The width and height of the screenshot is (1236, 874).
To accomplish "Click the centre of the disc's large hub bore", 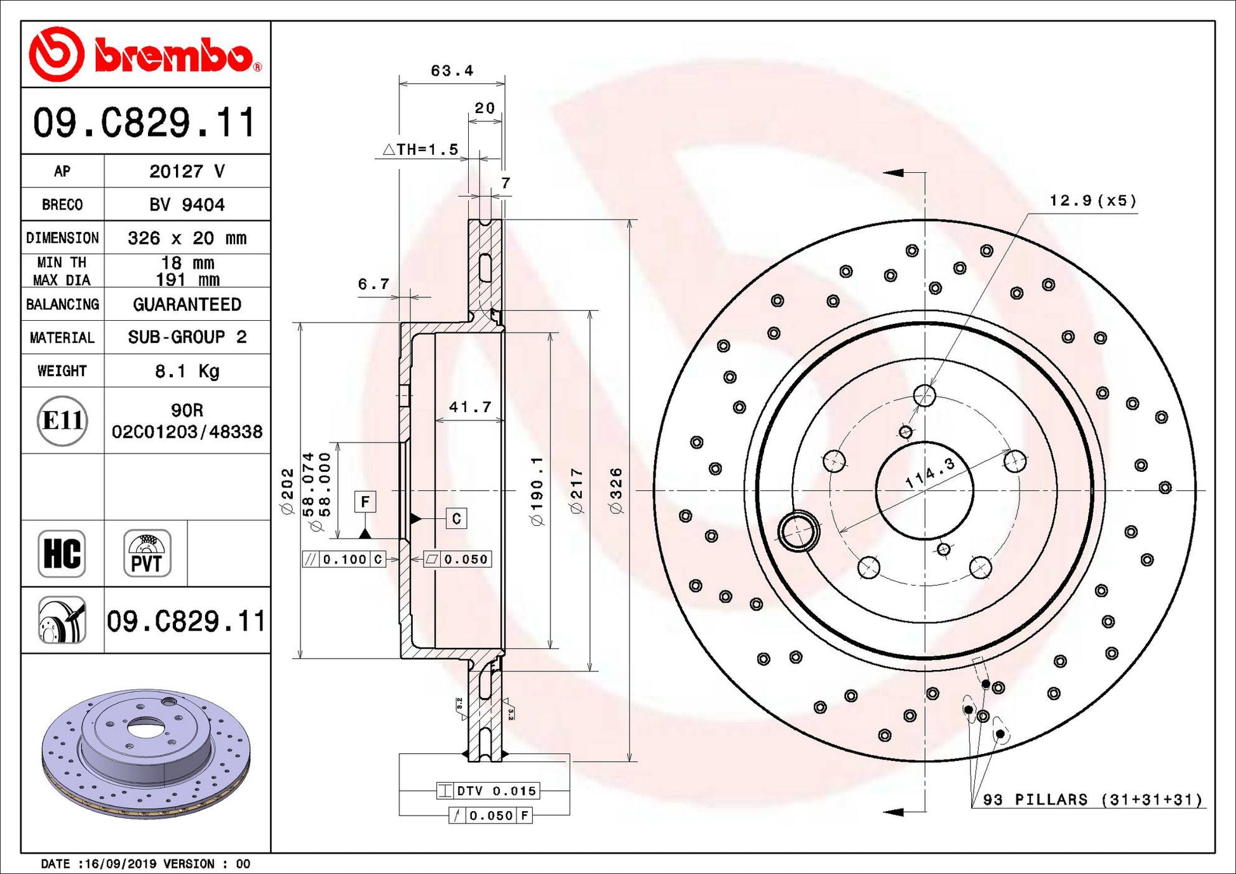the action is point(924,490).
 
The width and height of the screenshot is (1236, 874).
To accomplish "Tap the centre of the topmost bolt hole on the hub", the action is point(925,395).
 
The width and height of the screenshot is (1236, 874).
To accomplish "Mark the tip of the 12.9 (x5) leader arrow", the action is point(938,385).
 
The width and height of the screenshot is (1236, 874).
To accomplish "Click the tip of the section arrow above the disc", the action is point(883,173).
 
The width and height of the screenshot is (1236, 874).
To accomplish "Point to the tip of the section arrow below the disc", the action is point(883,812).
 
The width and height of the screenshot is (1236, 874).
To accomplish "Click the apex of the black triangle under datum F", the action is point(365,527).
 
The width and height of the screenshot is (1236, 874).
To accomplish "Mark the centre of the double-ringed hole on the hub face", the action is point(798,530).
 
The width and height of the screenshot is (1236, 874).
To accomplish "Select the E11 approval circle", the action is point(62,420).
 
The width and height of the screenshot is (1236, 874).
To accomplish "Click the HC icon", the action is point(62,553).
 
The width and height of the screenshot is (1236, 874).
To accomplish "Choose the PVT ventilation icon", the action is point(147,553).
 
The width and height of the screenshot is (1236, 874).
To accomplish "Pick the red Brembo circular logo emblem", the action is point(57,54).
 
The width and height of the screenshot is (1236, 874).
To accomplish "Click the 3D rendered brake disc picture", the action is point(146,754).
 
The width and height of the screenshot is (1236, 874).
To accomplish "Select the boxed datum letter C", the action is point(456,519).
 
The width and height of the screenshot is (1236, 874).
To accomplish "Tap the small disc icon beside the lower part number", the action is point(62,620).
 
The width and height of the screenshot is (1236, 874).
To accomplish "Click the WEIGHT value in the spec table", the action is point(187,371).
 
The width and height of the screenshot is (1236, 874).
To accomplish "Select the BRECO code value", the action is point(187,205).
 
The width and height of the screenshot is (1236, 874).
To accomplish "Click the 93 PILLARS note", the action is point(1092,800).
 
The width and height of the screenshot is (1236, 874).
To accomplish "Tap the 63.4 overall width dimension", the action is point(452,71).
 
